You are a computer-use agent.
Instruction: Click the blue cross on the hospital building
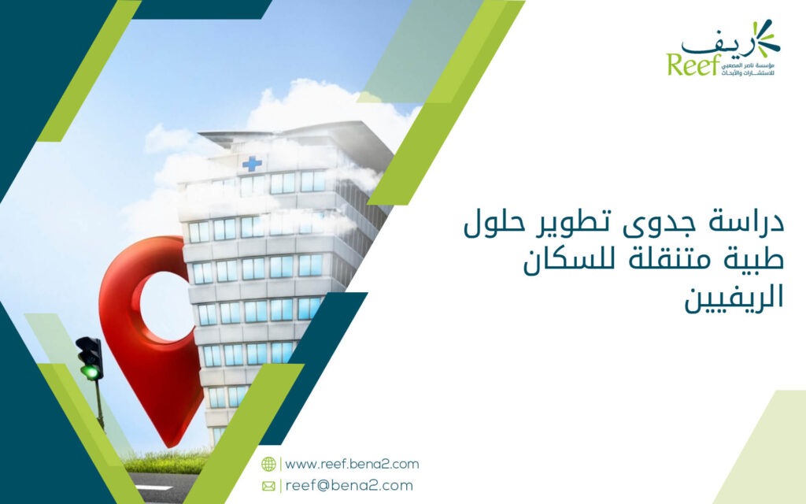point(252,164)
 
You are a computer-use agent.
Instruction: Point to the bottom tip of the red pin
point(170,447)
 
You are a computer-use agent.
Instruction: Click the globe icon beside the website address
point(268,464)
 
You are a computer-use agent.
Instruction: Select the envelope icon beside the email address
point(268,486)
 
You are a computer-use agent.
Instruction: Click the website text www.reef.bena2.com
point(352,464)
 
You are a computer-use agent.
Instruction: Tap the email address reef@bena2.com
point(349,485)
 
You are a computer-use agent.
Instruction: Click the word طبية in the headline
point(754,258)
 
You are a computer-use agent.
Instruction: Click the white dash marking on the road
point(153,487)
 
